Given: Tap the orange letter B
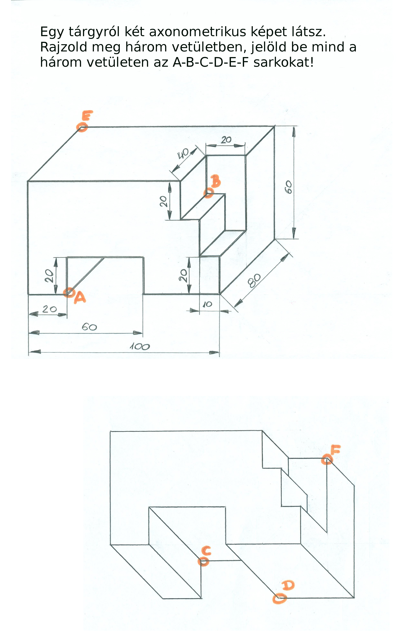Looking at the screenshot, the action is (216, 181).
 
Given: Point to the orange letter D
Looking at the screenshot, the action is (288, 585).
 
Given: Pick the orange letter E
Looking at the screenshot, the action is (87, 116).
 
